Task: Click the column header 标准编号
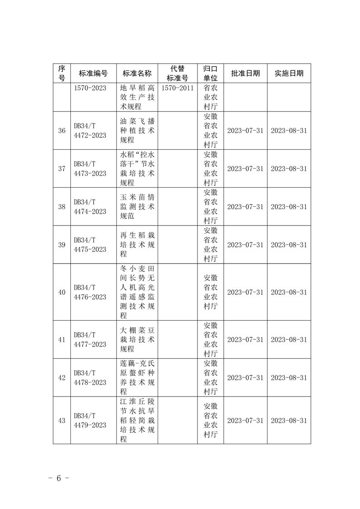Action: tap(93, 73)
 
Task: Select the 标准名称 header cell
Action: tap(137, 73)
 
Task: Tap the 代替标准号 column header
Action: tap(178, 73)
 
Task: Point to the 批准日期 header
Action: tap(245, 73)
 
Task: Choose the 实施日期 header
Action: tap(289, 73)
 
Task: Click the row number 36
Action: tap(62, 131)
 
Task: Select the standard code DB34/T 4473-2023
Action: tap(90, 169)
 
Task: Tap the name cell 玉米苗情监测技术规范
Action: tap(137, 206)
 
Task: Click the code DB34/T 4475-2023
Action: tap(90, 245)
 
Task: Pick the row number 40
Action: tap(62, 292)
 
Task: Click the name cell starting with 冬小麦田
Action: tap(137, 292)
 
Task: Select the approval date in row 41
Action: tap(245, 339)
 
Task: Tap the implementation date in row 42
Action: tap(289, 377)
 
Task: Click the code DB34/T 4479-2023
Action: tap(90, 421)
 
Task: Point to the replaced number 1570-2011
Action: tap(178, 88)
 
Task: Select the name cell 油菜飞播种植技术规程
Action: tap(137, 131)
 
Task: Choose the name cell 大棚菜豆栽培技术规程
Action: tap(137, 339)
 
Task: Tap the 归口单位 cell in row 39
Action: tap(211, 245)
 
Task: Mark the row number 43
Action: tap(62, 421)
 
